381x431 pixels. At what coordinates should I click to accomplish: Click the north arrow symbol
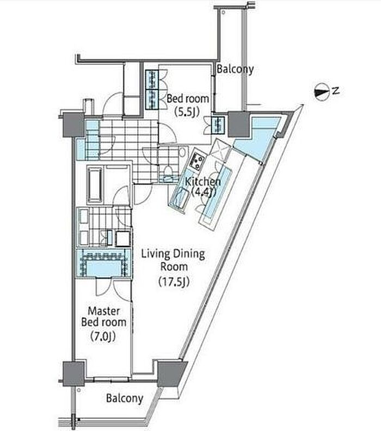tap(322, 93)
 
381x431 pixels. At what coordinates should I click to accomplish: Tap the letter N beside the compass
tap(336, 91)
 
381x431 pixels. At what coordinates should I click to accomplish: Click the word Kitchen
tap(203, 182)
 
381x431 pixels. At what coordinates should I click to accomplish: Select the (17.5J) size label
tap(174, 282)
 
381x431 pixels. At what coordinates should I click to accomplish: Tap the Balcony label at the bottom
tap(125, 398)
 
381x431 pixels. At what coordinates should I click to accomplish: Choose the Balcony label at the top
tap(235, 69)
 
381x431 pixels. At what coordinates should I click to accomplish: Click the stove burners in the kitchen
tap(196, 161)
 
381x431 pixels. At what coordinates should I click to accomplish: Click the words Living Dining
tap(173, 254)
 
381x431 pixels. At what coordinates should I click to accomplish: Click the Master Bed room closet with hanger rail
tap(103, 263)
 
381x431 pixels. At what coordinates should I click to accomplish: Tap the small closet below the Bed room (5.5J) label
tap(218, 125)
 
